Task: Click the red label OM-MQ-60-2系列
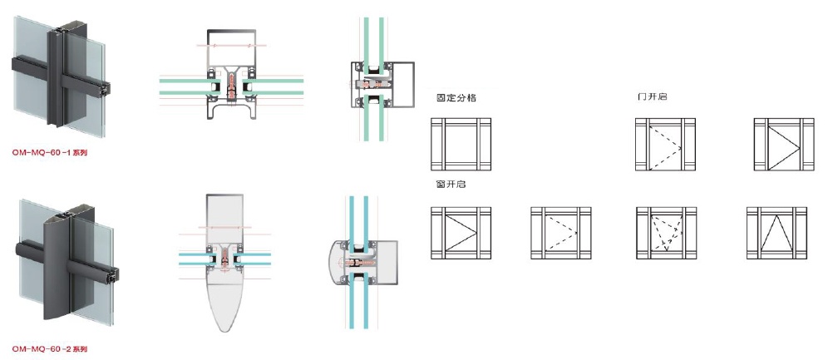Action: pyautogui.click(x=51, y=349)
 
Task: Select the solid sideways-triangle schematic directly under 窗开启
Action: pyautogui.click(x=461, y=234)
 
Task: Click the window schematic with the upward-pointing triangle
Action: pyautogui.click(x=776, y=234)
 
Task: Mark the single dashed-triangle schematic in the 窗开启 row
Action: pyautogui.click(x=560, y=234)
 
